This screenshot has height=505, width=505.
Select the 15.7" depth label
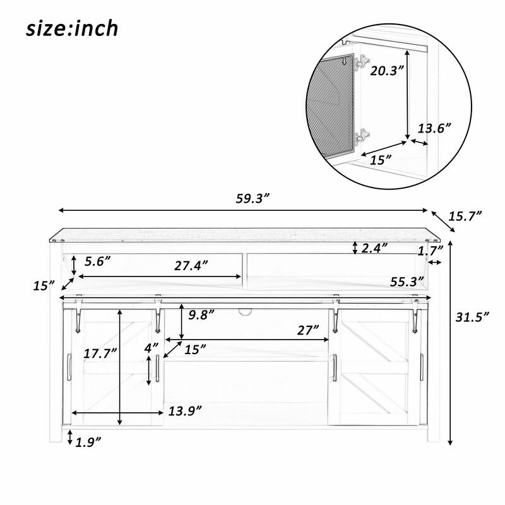[x=465, y=217]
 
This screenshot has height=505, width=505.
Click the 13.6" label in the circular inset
[x=436, y=128]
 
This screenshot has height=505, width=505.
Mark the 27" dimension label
[x=309, y=329]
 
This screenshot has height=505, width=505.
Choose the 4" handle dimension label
[x=151, y=347]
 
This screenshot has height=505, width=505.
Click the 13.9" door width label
[x=185, y=411]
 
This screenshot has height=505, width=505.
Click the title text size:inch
[x=72, y=28]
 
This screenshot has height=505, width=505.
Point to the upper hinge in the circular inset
[x=362, y=62]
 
